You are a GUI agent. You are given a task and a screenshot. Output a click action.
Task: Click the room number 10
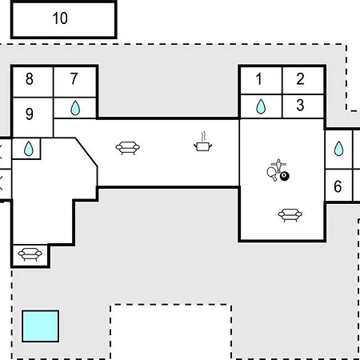point(60,18)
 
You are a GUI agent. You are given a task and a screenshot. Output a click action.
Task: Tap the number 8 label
point(30,79)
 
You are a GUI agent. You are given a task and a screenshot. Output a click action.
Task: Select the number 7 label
point(74,79)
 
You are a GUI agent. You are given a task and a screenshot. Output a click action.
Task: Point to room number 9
point(30,114)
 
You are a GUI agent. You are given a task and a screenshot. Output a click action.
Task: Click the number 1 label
point(258,79)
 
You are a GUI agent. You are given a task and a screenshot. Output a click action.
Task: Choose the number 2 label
point(300,79)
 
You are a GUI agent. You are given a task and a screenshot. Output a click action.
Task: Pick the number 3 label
point(300,105)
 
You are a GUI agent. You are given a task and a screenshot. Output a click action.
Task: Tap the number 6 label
point(338,186)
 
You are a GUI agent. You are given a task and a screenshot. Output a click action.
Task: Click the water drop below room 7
point(75,108)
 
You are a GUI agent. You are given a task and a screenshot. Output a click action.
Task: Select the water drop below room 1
point(261,106)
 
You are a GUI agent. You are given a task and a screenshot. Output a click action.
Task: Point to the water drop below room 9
point(29,149)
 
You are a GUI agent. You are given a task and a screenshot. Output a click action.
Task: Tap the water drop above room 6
point(338,148)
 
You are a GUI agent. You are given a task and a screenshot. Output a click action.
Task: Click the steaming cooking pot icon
point(203,142)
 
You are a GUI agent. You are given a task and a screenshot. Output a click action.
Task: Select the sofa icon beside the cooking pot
point(128,148)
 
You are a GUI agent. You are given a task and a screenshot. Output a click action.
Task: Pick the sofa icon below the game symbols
point(290,215)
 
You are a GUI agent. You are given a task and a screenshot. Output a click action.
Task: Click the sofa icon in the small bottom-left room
point(30,254)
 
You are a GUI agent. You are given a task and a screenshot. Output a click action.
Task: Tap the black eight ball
point(285,176)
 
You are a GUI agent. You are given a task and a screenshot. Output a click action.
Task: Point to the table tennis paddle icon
point(272,174)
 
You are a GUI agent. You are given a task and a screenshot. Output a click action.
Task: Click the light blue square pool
point(41,326)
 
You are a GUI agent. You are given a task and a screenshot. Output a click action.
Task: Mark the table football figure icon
point(278,166)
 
